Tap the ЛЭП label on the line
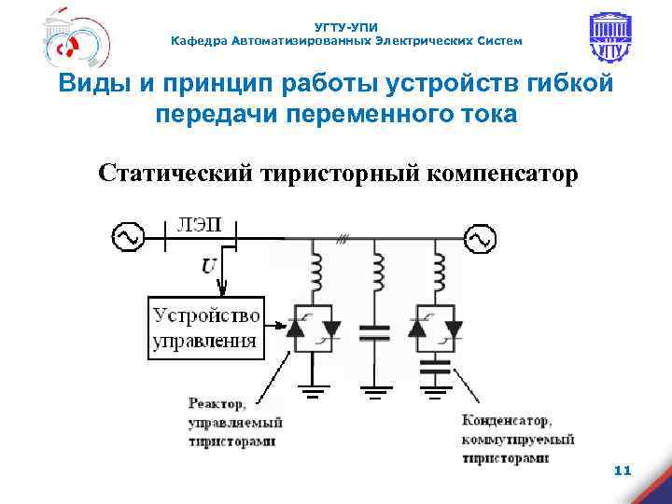pyautogui.click(x=202, y=223)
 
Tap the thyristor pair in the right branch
pyautogui.click(x=436, y=328)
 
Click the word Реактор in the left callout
pyautogui.click(x=216, y=404)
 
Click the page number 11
pyautogui.click(x=623, y=472)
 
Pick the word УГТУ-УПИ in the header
pyautogui.click(x=346, y=28)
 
